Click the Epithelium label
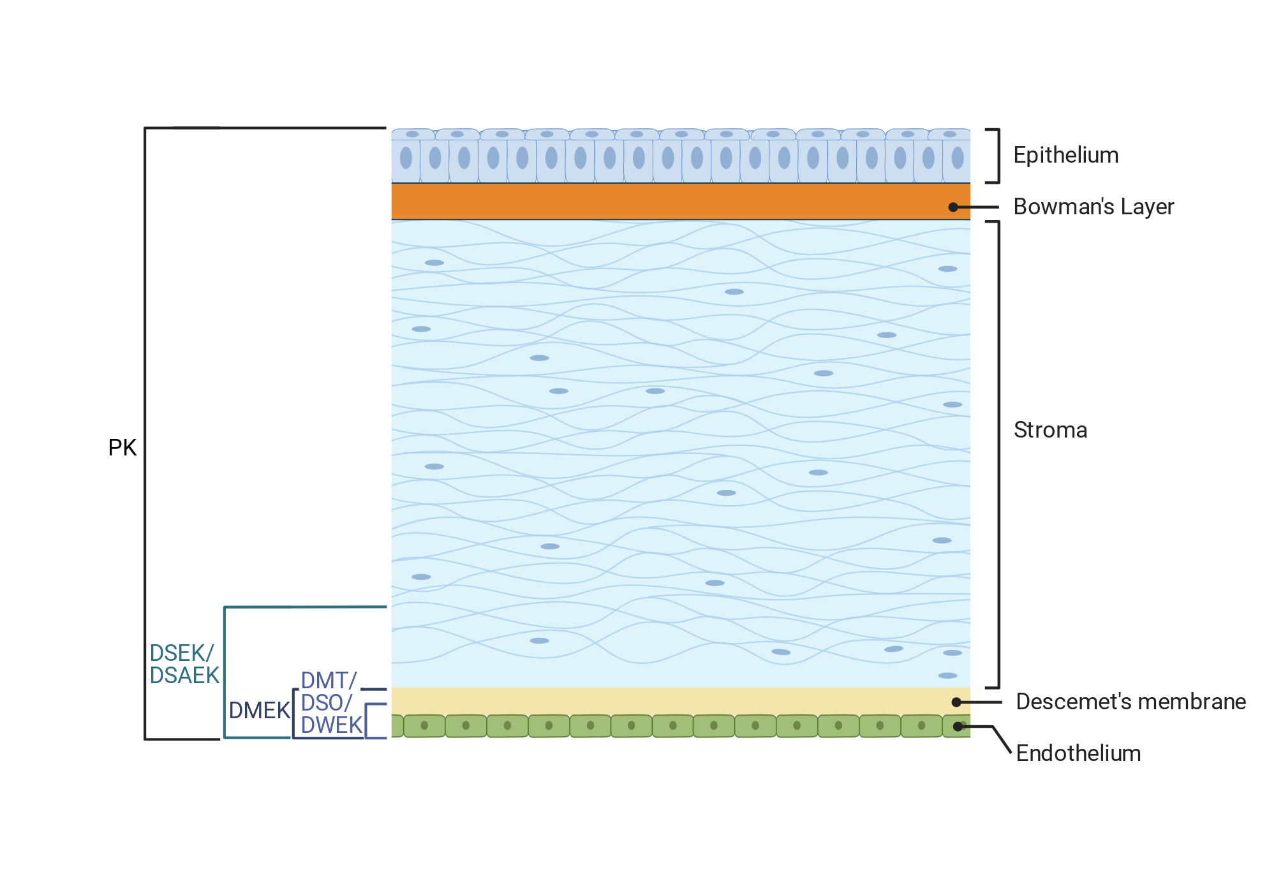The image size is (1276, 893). (1065, 156)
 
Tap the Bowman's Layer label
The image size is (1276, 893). (1094, 207)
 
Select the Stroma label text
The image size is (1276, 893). (1050, 430)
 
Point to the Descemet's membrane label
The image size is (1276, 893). (1131, 702)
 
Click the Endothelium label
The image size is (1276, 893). (1078, 753)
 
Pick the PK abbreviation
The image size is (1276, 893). (122, 448)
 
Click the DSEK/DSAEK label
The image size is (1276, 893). (184, 664)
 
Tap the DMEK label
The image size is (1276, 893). (260, 711)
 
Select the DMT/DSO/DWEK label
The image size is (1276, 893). (331, 703)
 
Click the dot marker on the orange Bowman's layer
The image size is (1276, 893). (953, 207)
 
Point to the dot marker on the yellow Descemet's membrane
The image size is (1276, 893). (956, 702)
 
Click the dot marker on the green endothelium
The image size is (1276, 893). (958, 727)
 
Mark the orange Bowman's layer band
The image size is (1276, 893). (681, 202)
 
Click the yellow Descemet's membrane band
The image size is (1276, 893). (681, 701)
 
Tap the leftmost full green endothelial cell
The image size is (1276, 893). (424, 726)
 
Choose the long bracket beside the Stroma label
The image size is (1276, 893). (998, 455)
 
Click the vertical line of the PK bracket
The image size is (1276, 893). (145, 434)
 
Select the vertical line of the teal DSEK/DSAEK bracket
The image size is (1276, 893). (225, 672)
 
